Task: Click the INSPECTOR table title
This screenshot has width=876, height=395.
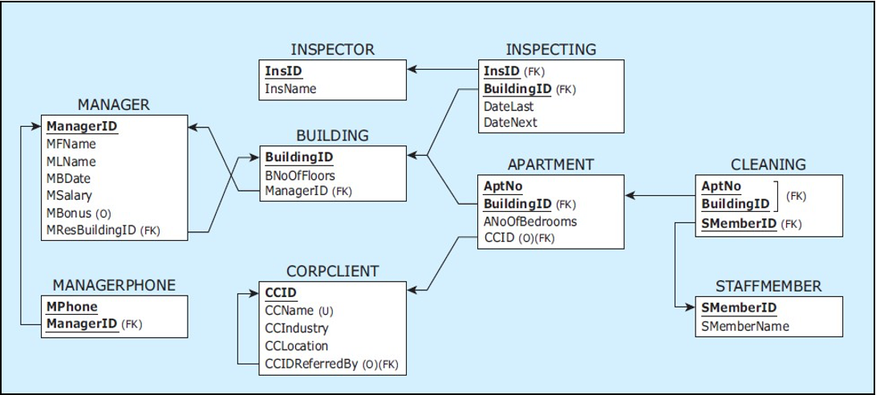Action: coord(332,50)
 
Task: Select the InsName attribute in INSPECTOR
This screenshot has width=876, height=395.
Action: coord(290,88)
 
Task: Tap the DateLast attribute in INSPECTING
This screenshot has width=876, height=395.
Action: coord(509,106)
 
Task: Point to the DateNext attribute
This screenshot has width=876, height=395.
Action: coord(510,123)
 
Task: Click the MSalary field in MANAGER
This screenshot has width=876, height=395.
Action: coord(69,195)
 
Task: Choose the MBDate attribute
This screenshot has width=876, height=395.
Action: coord(68,178)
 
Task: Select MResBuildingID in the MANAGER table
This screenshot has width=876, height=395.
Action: coord(92,230)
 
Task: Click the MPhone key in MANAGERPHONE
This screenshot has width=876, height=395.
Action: coord(72,307)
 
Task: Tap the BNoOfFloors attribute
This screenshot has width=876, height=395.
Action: coord(300,174)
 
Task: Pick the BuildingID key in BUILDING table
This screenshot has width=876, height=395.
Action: coord(299,157)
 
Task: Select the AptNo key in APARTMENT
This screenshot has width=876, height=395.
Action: coord(503,185)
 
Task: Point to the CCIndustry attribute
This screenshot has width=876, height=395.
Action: coord(296,328)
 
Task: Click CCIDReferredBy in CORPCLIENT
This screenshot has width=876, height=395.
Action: coord(310,364)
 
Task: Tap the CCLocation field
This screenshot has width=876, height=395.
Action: coord(296,346)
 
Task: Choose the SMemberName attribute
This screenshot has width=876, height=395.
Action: coord(744,326)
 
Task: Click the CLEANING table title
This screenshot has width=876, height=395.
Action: coord(768,165)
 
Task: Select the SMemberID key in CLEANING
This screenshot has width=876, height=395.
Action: coord(738,224)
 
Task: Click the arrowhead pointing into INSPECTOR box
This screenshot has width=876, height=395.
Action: coord(412,70)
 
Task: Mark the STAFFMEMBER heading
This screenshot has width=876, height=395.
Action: coord(768,287)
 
